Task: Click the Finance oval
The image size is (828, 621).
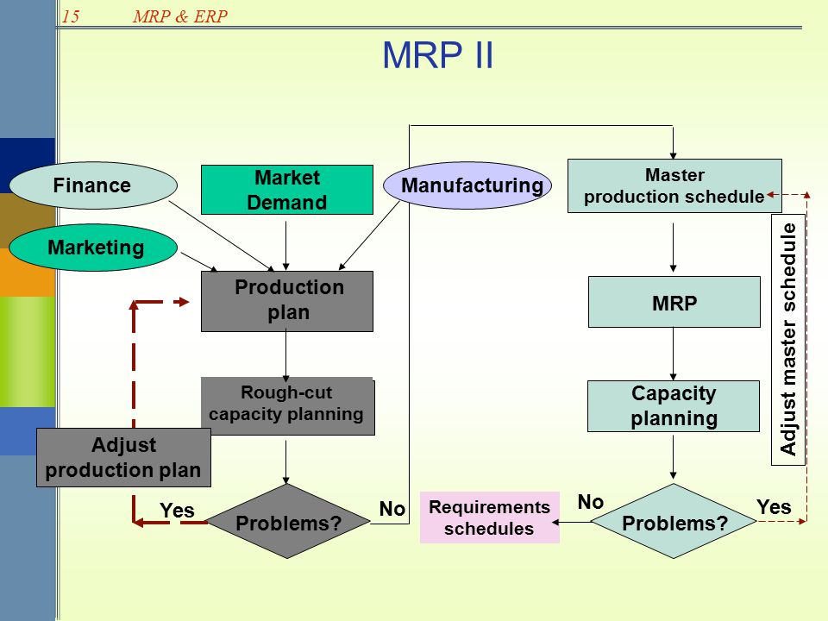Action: (93, 185)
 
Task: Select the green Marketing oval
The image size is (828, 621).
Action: (93, 248)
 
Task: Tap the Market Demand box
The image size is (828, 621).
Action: (286, 190)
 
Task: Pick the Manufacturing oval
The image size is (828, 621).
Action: (467, 185)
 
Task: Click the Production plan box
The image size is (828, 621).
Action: (286, 301)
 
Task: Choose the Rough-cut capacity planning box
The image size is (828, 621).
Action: (288, 406)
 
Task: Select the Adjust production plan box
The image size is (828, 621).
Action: (123, 457)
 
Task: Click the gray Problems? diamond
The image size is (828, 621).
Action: (288, 521)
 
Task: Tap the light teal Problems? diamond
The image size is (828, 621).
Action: (674, 521)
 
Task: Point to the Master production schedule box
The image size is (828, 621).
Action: (674, 186)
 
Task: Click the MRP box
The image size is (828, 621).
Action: (674, 302)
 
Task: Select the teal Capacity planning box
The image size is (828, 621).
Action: (674, 406)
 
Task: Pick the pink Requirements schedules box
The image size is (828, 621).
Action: (490, 517)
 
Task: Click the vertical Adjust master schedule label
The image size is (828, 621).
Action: (787, 340)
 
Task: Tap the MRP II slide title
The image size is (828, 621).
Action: (438, 55)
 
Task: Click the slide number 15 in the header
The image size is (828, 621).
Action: (71, 16)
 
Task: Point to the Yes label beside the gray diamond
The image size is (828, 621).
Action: (177, 511)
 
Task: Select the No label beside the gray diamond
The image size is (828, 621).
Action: (392, 509)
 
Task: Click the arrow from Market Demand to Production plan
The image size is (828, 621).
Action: (286, 246)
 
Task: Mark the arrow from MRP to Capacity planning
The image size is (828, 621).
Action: (674, 354)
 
